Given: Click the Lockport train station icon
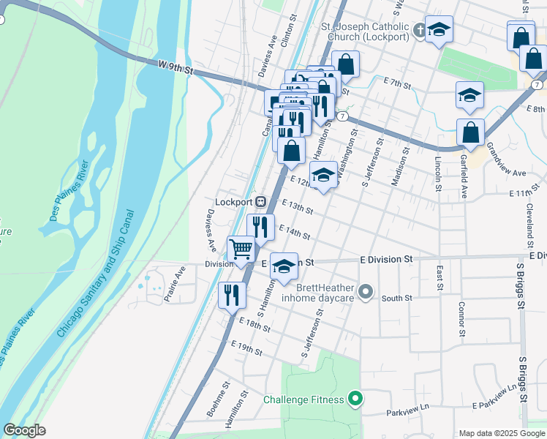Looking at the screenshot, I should tap(260, 202).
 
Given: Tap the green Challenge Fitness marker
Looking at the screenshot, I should tap(355, 399).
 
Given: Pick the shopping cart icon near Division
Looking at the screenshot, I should tap(241, 249).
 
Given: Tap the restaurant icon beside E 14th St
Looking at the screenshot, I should tap(260, 226).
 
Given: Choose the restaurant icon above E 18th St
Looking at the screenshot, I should tap(232, 295).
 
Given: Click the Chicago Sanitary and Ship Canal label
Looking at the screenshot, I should tap(96, 274).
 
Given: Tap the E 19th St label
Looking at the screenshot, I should tap(246, 348).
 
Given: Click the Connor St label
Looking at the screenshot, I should tap(461, 319).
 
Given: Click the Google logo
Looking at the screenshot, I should tap(24, 430).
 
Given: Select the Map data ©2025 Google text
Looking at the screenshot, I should tap(501, 433).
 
